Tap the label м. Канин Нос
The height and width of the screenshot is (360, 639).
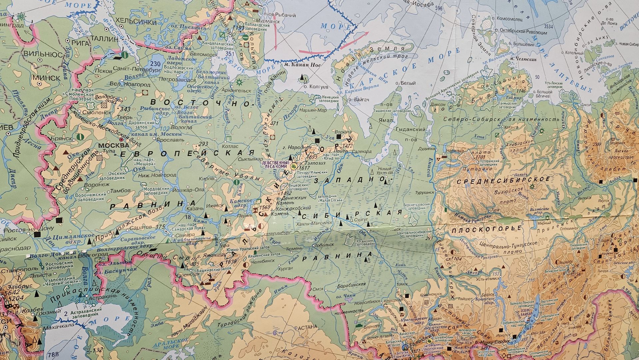302,65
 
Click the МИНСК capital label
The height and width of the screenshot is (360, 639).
46,78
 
